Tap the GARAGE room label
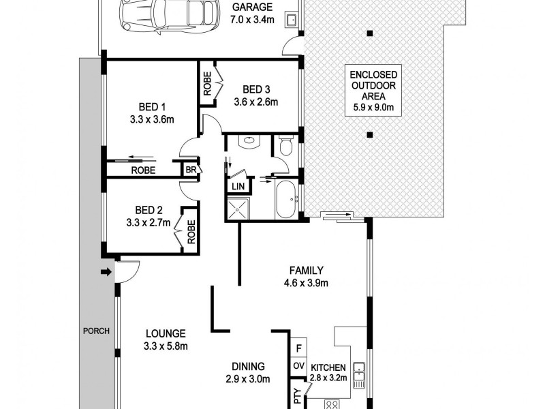point(254,8)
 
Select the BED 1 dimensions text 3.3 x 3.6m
point(153,119)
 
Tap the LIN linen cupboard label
point(238,186)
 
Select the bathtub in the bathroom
point(284,199)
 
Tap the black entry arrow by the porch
point(105,273)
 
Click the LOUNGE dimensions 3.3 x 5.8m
point(166,346)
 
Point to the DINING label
point(248,366)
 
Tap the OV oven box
point(298,366)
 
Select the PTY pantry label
point(298,395)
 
